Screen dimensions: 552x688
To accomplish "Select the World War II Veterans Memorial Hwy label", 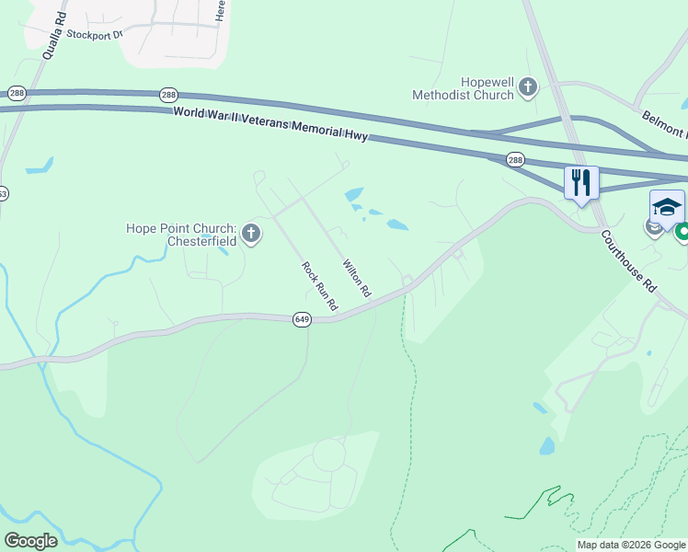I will coord(270,123).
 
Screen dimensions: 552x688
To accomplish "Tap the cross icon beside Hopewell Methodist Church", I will coord(528,87).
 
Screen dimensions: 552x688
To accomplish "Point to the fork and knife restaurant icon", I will coord(581,181).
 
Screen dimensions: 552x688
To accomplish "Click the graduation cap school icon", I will coord(667,206).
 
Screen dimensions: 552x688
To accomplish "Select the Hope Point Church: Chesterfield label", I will coord(181,235).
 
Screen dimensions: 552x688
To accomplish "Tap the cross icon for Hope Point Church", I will coord(251,235).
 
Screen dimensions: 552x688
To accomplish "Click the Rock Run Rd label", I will coord(320,285).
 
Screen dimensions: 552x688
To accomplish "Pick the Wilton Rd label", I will coord(357,278).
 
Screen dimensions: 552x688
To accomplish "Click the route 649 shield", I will coord(302,319).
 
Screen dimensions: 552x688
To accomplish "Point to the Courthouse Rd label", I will coord(629,261).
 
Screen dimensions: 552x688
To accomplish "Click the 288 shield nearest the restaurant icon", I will coord(516,160).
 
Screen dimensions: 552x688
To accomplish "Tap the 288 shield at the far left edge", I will coord(16,94).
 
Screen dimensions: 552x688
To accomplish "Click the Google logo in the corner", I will coord(30,541).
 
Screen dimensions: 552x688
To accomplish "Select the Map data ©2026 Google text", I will coord(631,545).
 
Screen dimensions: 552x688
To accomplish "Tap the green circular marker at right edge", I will coord(682,234).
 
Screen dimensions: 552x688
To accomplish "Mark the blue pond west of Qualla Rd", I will coord(40,169).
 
